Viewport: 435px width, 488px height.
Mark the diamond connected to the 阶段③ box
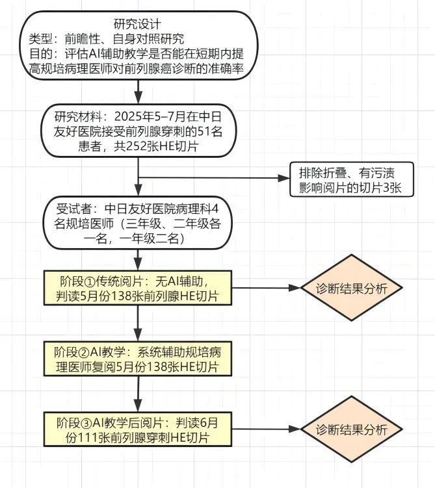tap(350, 430)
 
